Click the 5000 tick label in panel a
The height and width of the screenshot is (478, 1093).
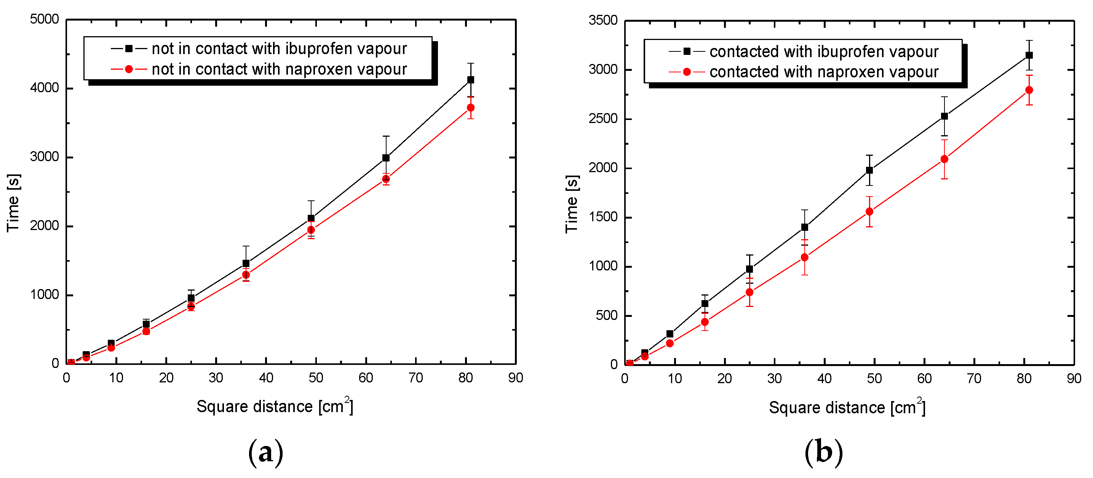(44, 19)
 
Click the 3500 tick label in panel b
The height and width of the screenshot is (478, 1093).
(602, 20)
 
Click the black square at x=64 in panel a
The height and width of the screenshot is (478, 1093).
(386, 158)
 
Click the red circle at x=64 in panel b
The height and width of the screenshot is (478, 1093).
(944, 159)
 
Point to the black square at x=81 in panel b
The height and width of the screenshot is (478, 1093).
(1029, 55)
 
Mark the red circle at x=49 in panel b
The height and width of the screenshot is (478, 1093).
(869, 211)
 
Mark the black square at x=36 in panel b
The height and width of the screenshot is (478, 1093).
(804, 227)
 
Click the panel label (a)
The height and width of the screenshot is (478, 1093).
(265, 452)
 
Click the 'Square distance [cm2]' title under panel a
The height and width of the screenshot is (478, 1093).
(275, 406)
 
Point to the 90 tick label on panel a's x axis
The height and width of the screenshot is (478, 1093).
(516, 378)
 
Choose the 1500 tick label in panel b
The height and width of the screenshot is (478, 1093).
(602, 217)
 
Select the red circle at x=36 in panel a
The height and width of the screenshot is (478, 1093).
(246, 275)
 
